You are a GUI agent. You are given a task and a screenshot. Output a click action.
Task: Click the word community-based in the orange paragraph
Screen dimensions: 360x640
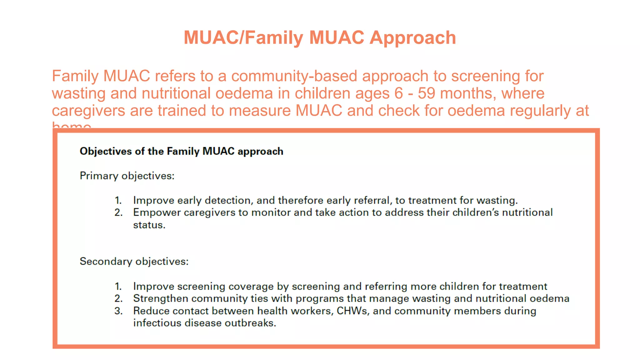pos(294,76)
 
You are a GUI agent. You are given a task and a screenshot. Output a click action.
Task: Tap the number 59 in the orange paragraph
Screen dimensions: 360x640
pos(426,93)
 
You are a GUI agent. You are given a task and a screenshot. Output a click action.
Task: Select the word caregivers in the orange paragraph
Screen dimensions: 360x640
pos(88,111)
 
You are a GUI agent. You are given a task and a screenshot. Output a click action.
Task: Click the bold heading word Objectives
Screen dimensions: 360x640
pos(106,151)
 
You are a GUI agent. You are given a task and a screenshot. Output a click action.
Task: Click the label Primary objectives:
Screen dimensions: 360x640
pos(127,176)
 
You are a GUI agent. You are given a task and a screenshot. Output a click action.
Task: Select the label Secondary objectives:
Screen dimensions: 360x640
pos(134,261)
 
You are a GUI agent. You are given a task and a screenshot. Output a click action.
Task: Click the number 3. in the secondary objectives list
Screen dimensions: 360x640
pos(118,311)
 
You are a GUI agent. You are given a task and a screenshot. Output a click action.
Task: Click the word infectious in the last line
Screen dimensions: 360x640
pos(157,323)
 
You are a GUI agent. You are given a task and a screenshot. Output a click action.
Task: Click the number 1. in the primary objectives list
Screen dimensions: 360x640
pos(118,200)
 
